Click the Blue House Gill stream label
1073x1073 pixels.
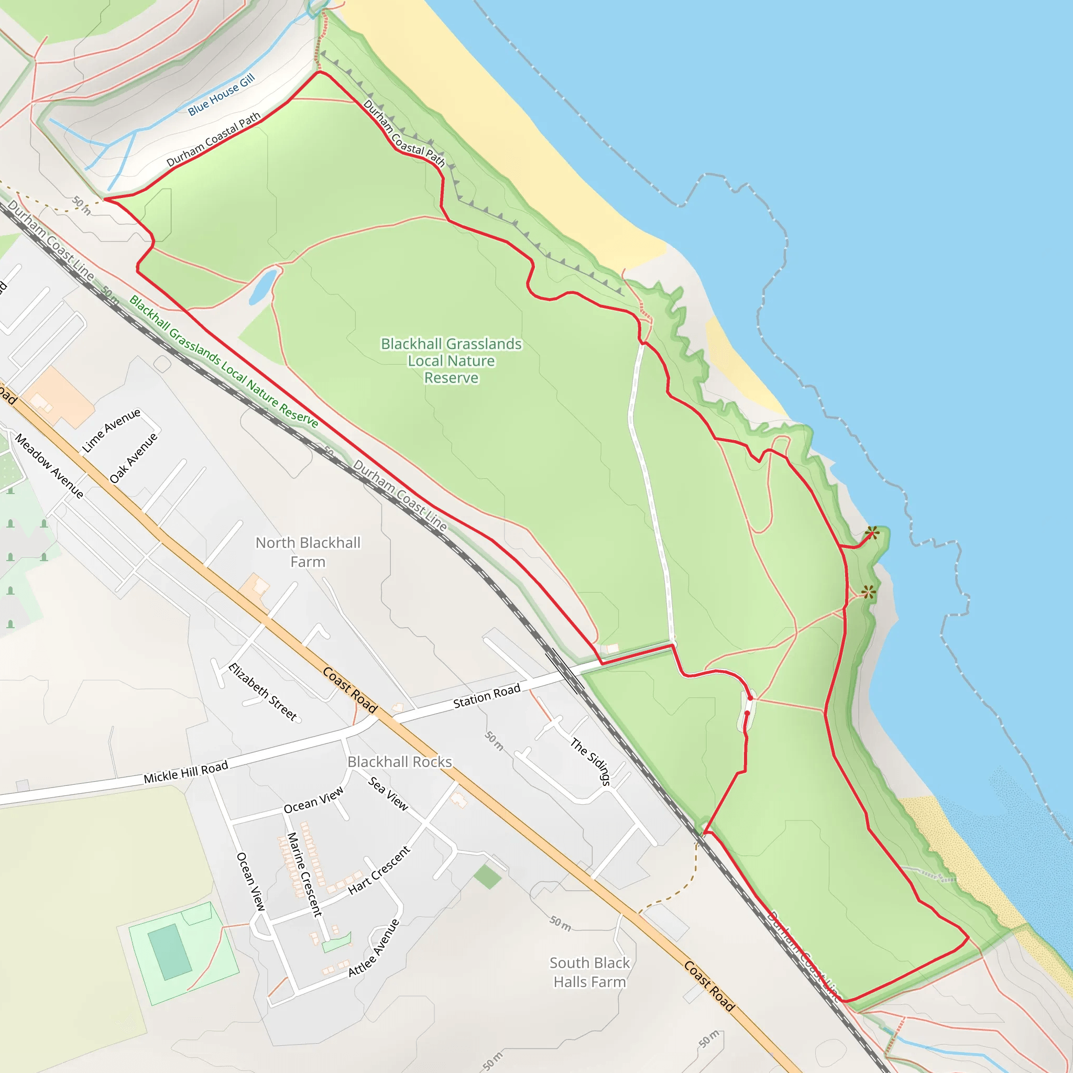tap(221, 94)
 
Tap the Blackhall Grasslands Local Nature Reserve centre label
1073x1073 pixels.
tap(451, 360)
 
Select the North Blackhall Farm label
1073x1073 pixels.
tap(308, 552)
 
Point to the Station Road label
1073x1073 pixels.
tap(487, 696)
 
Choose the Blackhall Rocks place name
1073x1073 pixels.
tap(399, 762)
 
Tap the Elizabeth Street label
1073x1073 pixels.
tap(262, 692)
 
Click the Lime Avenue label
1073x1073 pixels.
tap(111, 431)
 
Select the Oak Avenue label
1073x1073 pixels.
tap(133, 458)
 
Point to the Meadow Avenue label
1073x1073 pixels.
tap(49, 465)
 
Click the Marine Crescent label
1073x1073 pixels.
tap(304, 873)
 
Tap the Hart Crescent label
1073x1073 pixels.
tap(379, 870)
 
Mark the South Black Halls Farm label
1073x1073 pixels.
tap(589, 972)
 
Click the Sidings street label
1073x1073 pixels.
tap(590, 761)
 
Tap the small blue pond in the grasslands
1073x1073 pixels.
tap(262, 286)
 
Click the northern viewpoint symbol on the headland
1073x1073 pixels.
tap(871, 533)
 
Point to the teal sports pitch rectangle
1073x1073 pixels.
tap(170, 951)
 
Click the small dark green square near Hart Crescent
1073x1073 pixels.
tap(487, 877)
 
